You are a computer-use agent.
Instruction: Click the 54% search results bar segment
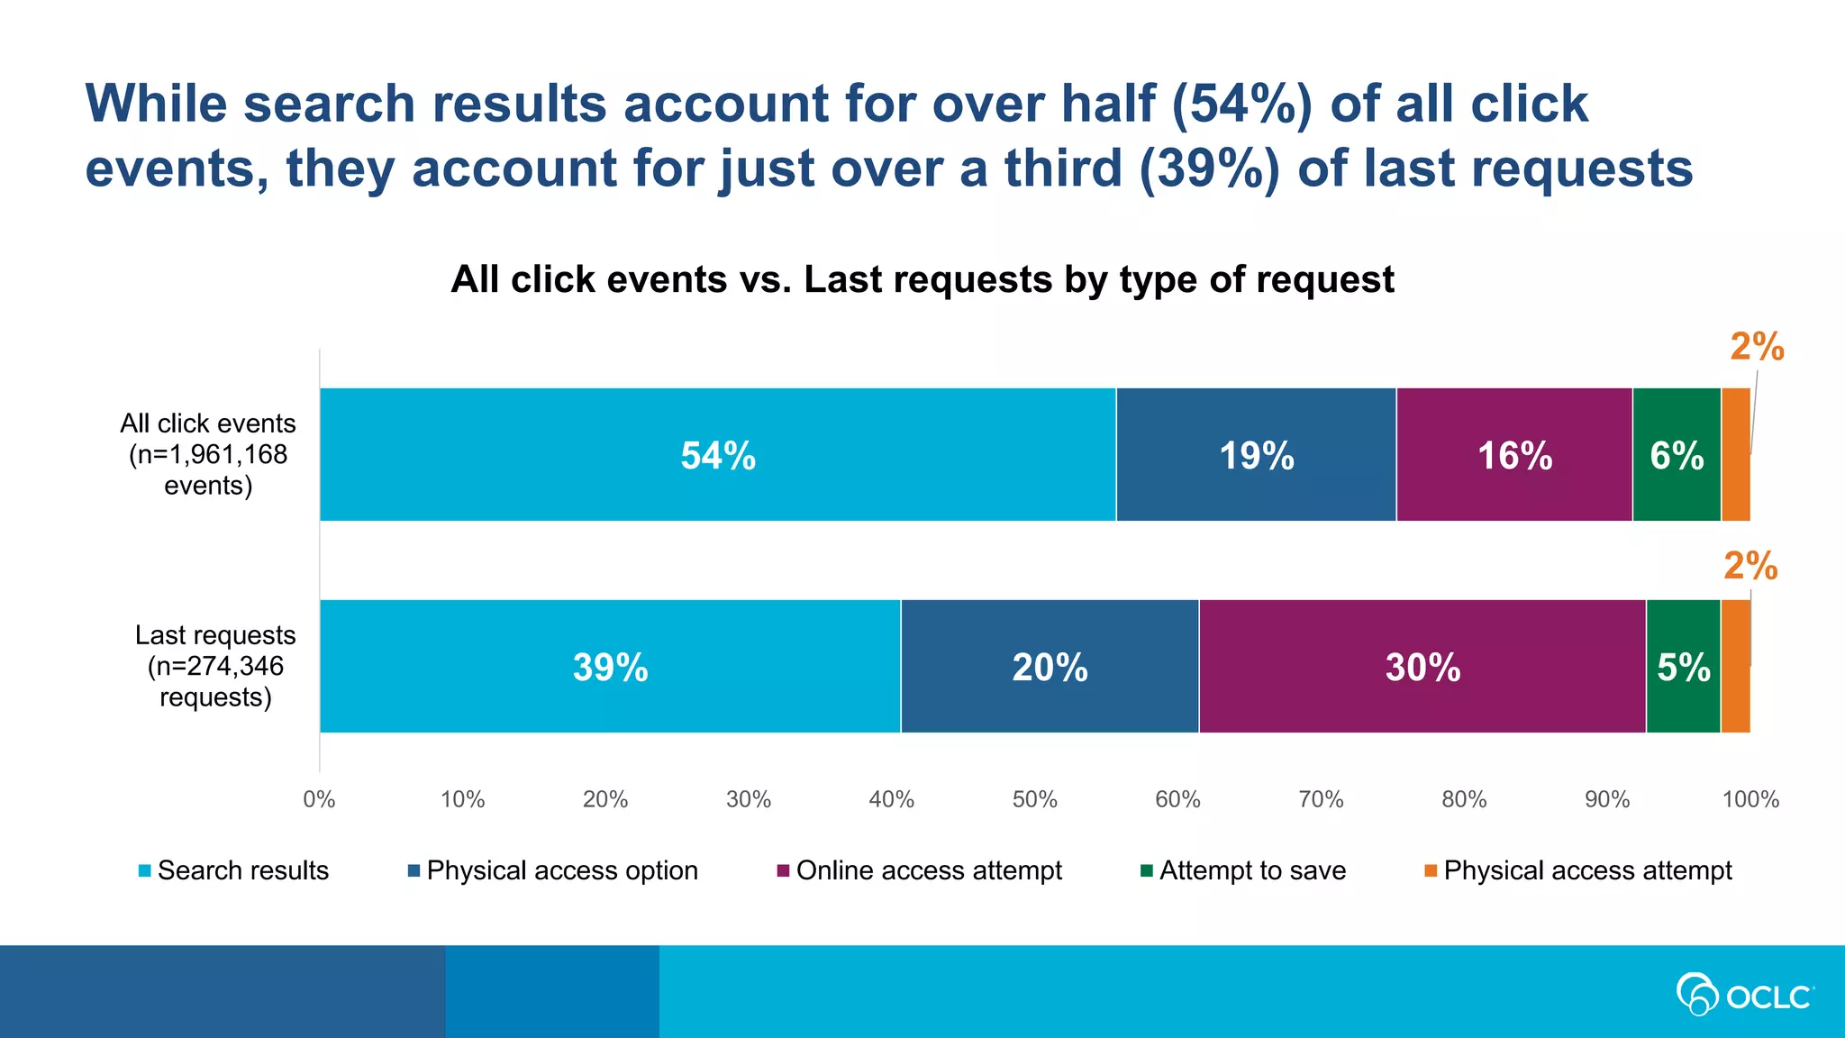click(x=717, y=454)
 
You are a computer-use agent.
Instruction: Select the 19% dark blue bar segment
click(x=1256, y=454)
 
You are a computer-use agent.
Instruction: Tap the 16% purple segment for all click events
click(x=1514, y=454)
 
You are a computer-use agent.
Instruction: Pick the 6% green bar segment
click(x=1677, y=454)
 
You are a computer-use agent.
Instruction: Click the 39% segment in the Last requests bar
click(x=610, y=667)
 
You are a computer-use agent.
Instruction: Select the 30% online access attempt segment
click(x=1422, y=667)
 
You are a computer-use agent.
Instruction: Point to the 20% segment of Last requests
click(x=1050, y=667)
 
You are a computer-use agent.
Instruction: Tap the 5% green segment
click(x=1683, y=667)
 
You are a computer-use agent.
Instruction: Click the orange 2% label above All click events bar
click(x=1757, y=347)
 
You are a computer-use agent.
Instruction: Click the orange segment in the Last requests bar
click(x=1735, y=667)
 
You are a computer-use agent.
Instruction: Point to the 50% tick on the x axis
click(x=1034, y=799)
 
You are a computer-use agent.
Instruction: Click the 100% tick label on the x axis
click(x=1750, y=799)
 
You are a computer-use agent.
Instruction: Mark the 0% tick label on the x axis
click(x=319, y=799)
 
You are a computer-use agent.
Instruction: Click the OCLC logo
click(x=1744, y=995)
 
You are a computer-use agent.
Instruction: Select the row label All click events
click(x=208, y=454)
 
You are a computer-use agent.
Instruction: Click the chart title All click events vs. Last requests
click(x=922, y=279)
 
